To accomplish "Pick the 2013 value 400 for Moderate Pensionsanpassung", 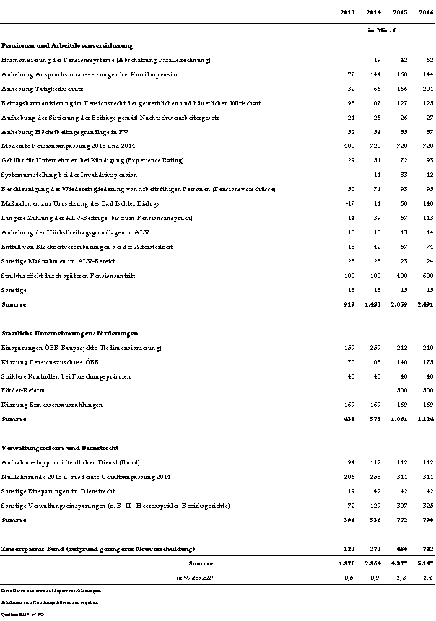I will click(349, 146).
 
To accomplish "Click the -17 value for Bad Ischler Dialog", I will click(350, 204).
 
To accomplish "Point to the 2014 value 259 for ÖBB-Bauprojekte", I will click(374, 348).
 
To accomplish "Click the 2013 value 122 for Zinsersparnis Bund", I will click(349, 549).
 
